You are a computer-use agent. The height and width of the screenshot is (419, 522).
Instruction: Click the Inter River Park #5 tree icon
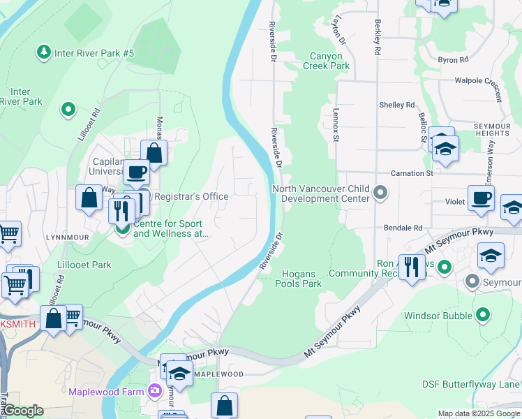(x=44, y=52)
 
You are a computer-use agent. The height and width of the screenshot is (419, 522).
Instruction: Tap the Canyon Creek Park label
(x=326, y=61)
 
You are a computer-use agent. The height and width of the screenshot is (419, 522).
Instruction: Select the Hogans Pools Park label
(x=298, y=279)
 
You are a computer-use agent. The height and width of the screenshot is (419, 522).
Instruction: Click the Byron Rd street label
(x=454, y=61)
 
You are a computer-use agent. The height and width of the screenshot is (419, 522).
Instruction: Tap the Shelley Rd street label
(x=396, y=105)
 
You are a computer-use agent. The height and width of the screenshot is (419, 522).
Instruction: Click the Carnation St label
(x=412, y=173)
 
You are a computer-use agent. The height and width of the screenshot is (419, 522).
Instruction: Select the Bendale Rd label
(x=403, y=228)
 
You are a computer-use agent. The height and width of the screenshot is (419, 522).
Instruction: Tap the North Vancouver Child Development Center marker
(x=380, y=191)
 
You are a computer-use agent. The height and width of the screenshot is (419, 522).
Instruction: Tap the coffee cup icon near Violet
(x=481, y=198)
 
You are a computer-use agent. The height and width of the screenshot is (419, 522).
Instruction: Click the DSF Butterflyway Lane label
(x=471, y=384)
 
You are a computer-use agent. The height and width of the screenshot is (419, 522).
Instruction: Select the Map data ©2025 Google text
(x=479, y=413)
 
